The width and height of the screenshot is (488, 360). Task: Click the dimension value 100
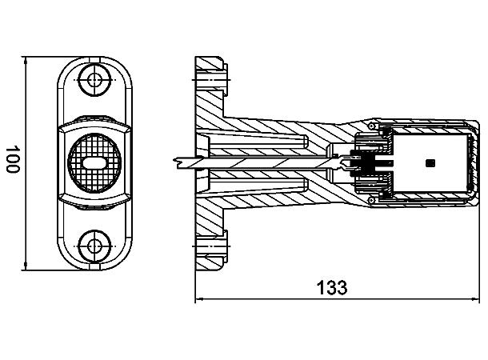tap(12, 161)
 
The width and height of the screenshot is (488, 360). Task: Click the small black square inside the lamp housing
tap(431, 162)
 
